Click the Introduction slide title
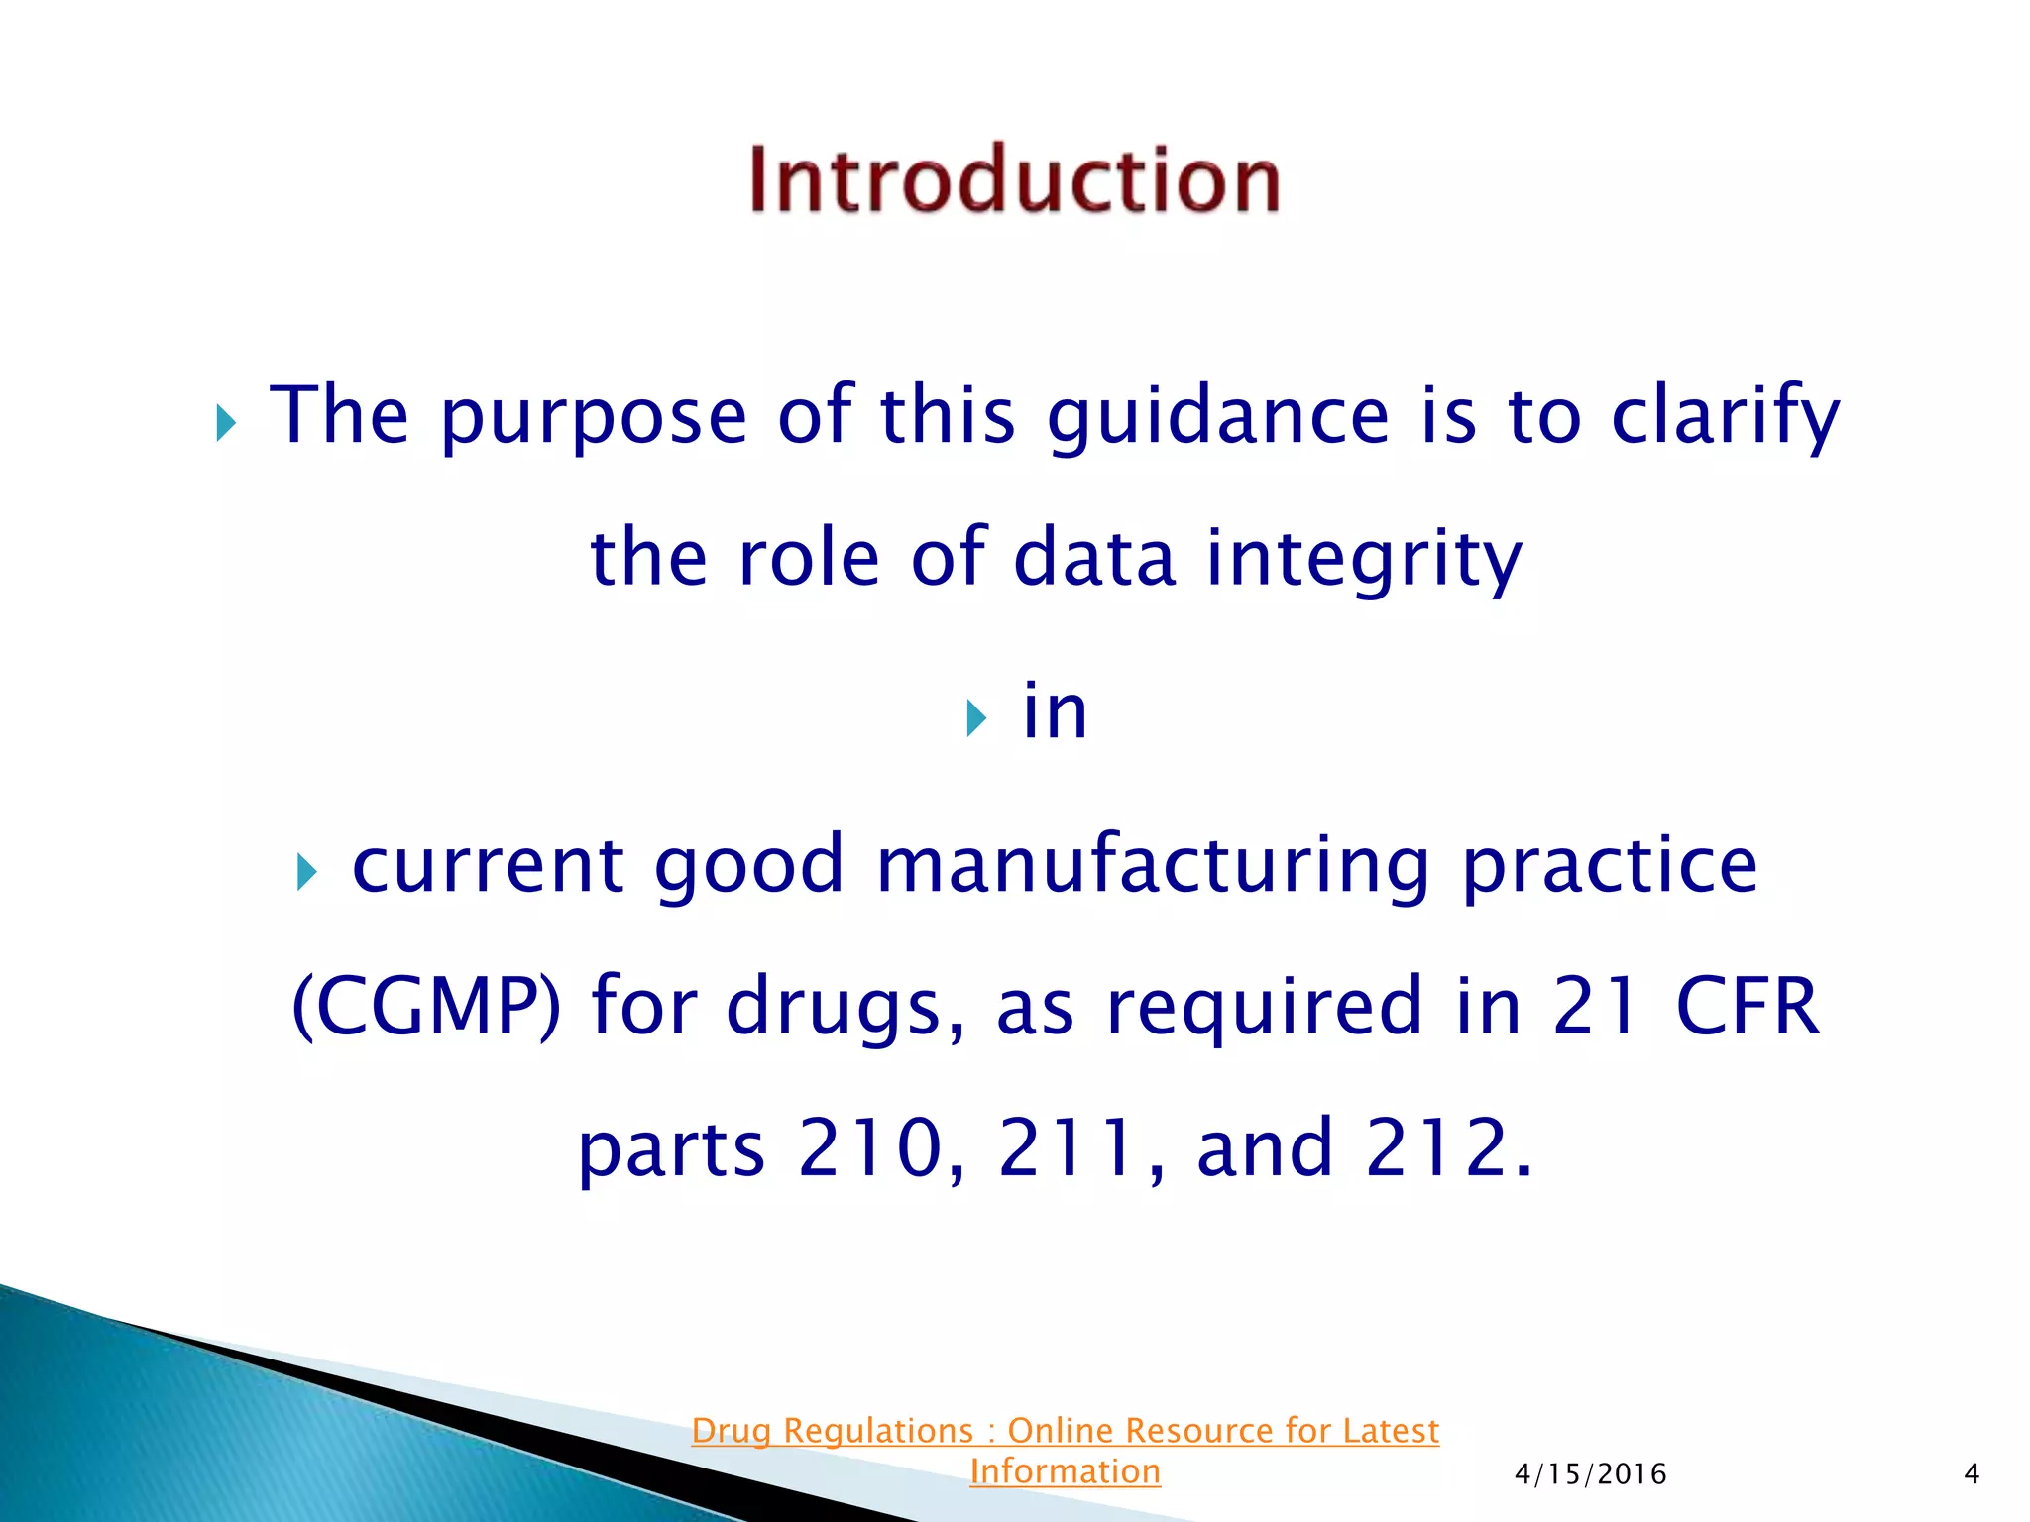click(x=1014, y=179)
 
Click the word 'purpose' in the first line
click(x=593, y=416)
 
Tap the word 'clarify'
click(x=1726, y=416)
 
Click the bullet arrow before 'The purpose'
click(x=226, y=425)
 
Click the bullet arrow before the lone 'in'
click(x=976, y=718)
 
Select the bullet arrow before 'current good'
click(x=306, y=873)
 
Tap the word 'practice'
click(x=1610, y=865)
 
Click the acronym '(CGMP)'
click(x=426, y=1007)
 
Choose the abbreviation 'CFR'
click(x=1748, y=1006)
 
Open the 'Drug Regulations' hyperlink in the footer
click(x=1065, y=1431)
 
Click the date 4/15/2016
click(x=1590, y=1474)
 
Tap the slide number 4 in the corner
click(x=1971, y=1474)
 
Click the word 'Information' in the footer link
click(x=1065, y=1471)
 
